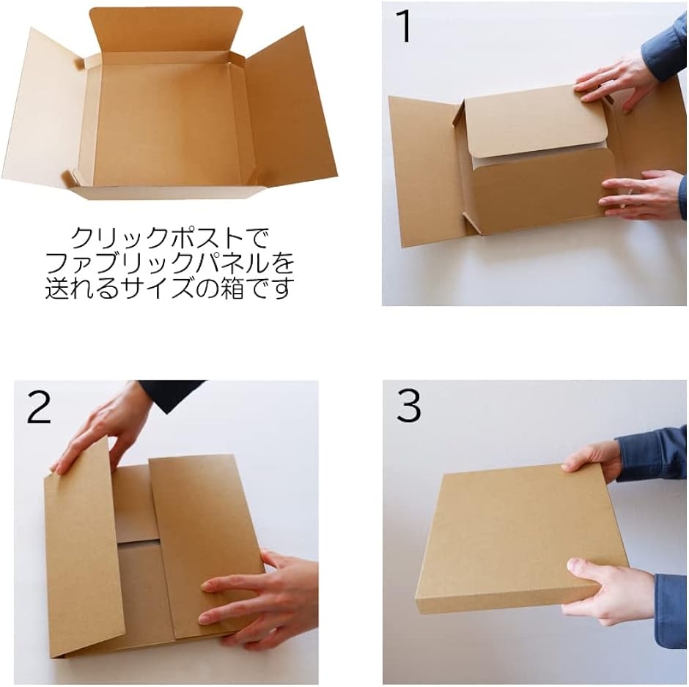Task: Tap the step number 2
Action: [x=39, y=407]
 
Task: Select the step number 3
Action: [x=408, y=406]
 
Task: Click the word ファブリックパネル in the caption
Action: [x=156, y=264]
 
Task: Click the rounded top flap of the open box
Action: [x=166, y=30]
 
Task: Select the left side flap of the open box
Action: [x=46, y=110]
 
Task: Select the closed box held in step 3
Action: [x=523, y=542]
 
